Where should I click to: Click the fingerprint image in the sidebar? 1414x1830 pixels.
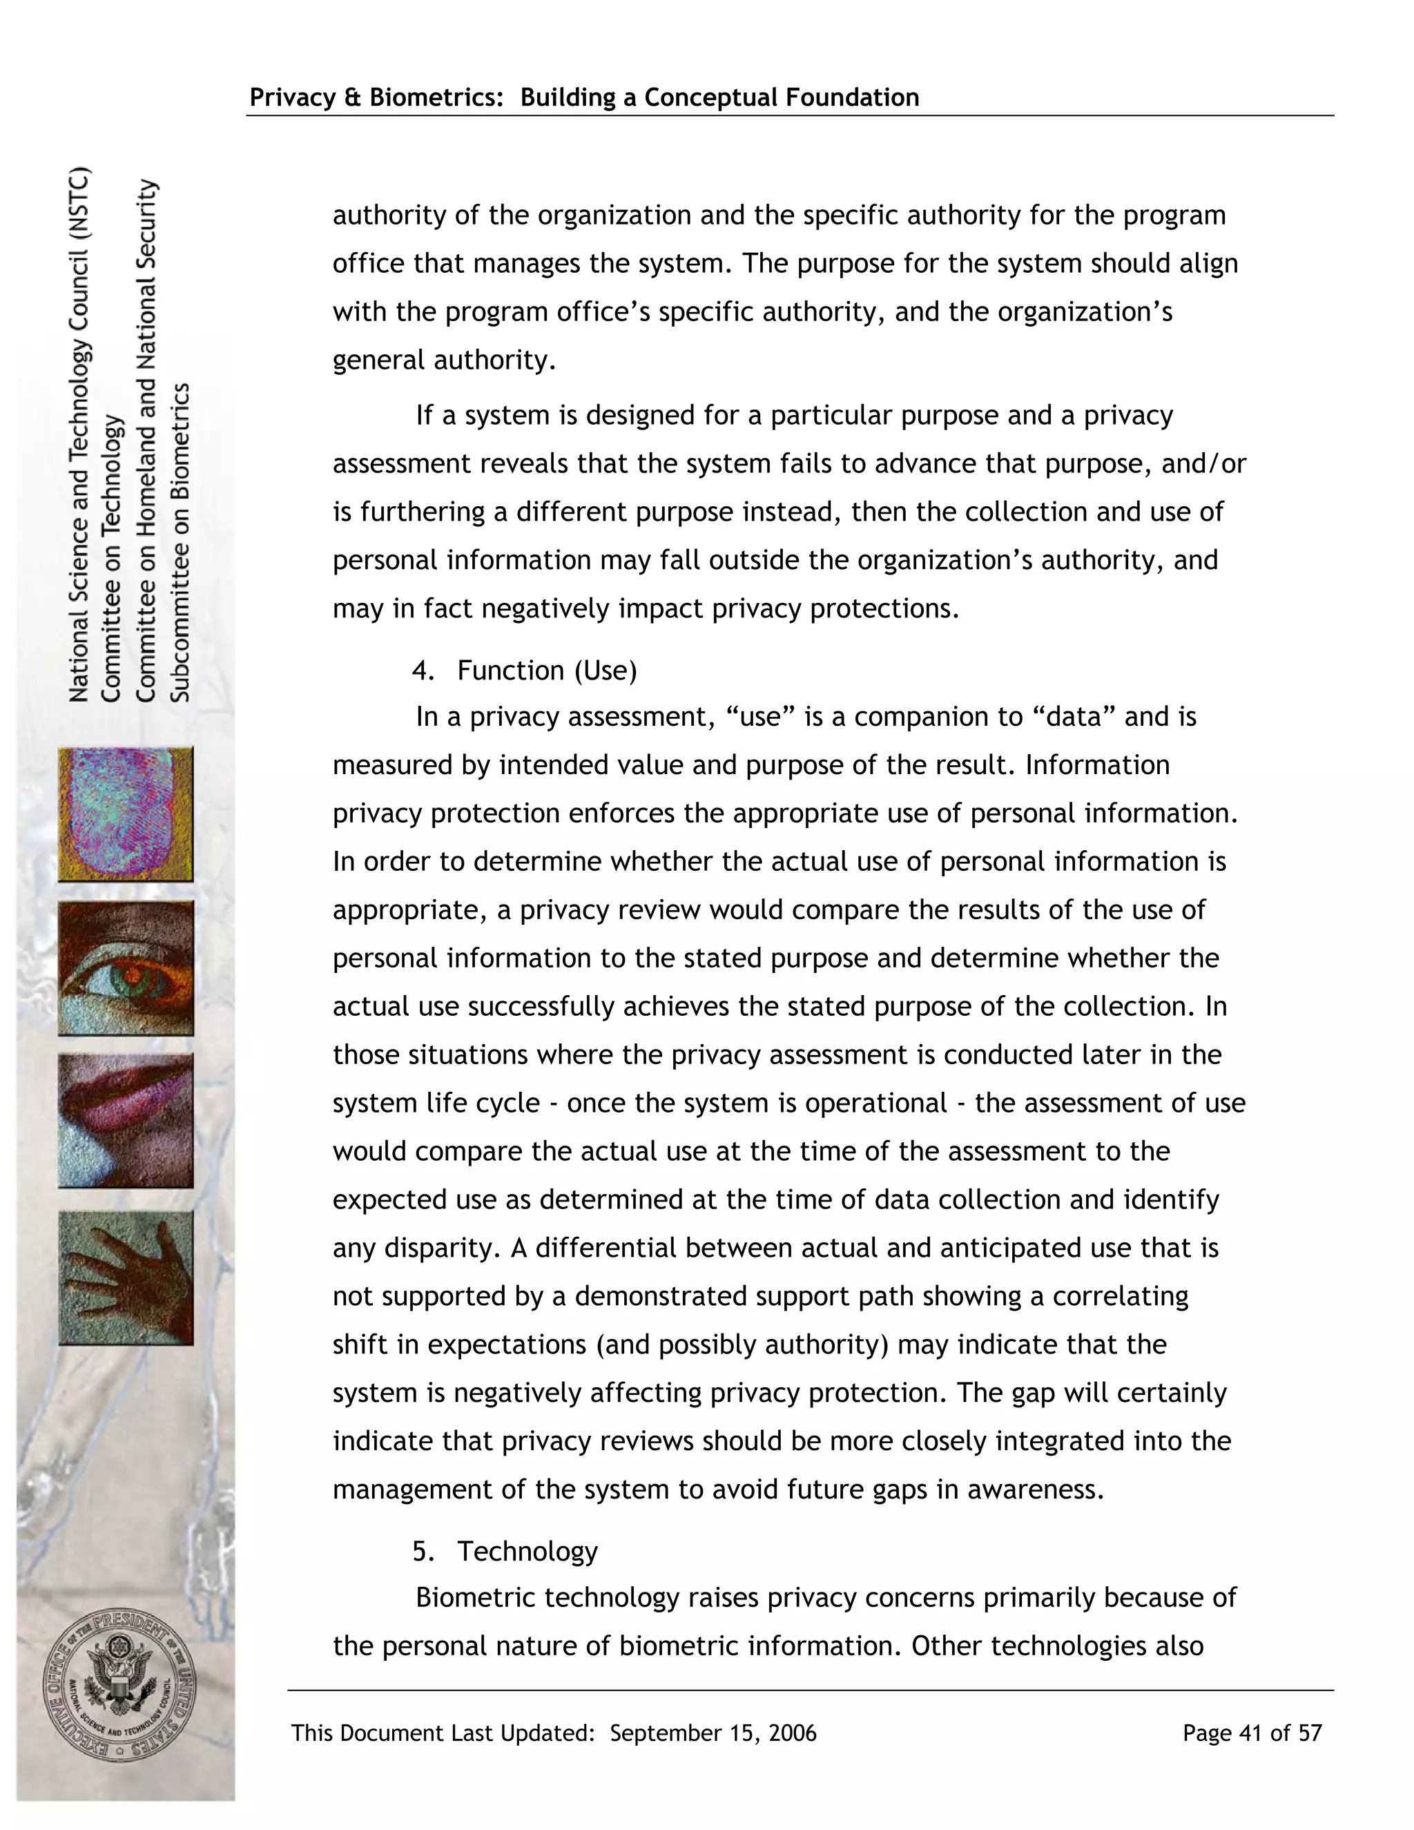(x=126, y=814)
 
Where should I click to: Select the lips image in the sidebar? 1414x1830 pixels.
(x=126, y=1120)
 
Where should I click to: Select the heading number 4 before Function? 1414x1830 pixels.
(x=421, y=671)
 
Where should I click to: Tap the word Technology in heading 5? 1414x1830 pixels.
(x=527, y=1551)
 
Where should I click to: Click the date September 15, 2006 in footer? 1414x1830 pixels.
(x=713, y=1733)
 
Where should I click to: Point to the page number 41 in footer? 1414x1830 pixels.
(x=1250, y=1733)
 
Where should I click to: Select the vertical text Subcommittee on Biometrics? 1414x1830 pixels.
(x=181, y=542)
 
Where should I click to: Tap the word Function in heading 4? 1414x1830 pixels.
(x=511, y=671)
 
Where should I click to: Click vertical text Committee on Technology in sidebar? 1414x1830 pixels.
(x=111, y=559)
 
